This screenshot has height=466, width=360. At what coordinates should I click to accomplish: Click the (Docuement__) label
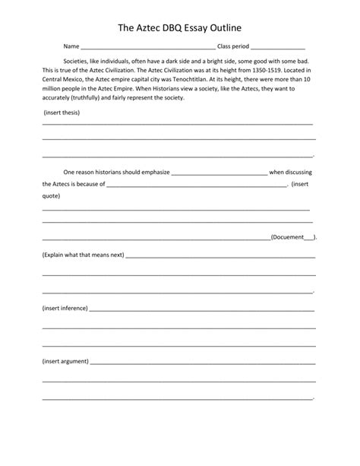[x=294, y=237]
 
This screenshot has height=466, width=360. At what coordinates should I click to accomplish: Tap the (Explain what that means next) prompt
[x=83, y=255]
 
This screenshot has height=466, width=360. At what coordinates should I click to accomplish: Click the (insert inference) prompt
[x=65, y=309]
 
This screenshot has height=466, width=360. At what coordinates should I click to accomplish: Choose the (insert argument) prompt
[x=66, y=361]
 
